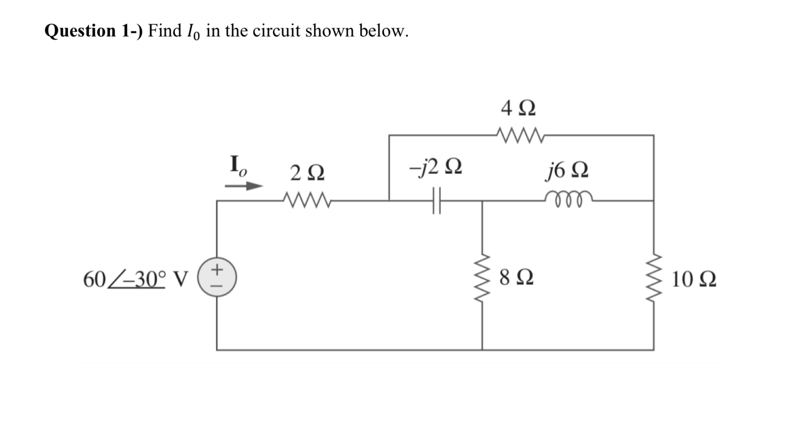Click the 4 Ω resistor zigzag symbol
click(520, 135)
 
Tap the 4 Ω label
click(518, 108)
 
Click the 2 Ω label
click(307, 173)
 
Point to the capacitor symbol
click(436, 201)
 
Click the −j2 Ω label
click(436, 167)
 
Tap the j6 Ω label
click(567, 169)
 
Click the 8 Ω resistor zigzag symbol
click(482, 278)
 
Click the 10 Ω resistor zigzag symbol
click(654, 278)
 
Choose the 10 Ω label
click(694, 279)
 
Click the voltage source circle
click(217, 278)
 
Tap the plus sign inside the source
click(217, 270)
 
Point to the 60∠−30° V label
click(136, 279)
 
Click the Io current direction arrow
click(244, 186)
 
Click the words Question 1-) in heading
click(93, 31)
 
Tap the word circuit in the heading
click(277, 31)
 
